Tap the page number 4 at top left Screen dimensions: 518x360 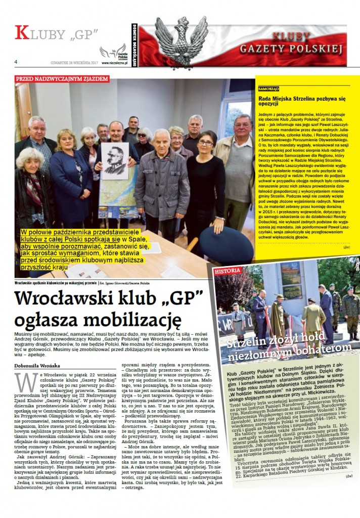16,61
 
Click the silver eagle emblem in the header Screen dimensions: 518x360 181,41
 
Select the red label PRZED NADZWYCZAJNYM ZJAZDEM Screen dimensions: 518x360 62,79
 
